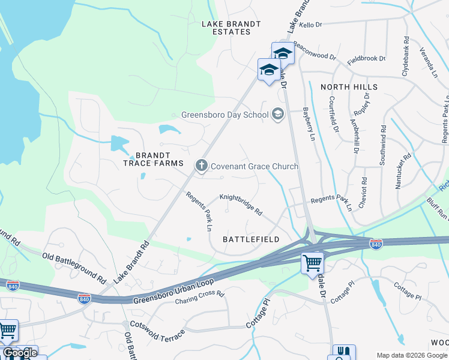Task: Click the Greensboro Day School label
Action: (x=224, y=114)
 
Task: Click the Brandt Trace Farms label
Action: (x=149, y=158)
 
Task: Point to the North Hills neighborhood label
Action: (x=349, y=87)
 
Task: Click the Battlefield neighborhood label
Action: (x=251, y=239)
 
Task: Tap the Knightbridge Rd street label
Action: (x=241, y=204)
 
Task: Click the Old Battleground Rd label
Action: (x=74, y=266)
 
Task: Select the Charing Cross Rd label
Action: (x=200, y=298)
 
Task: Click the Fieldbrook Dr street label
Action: (x=366, y=59)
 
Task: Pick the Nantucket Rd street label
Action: (x=403, y=170)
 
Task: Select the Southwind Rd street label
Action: (x=382, y=145)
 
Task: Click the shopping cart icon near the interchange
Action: (x=312, y=262)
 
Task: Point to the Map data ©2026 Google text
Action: (x=412, y=355)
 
